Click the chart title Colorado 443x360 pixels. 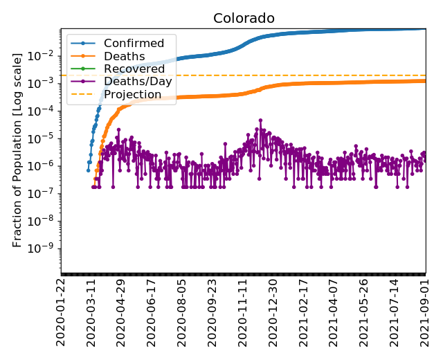pos(243,18)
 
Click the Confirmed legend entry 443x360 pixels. pos(134,44)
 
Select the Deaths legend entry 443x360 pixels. pos(124,56)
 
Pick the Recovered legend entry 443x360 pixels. pos(134,69)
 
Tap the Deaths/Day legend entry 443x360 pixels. pos(138,81)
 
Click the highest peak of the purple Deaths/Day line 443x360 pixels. pos(260,120)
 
